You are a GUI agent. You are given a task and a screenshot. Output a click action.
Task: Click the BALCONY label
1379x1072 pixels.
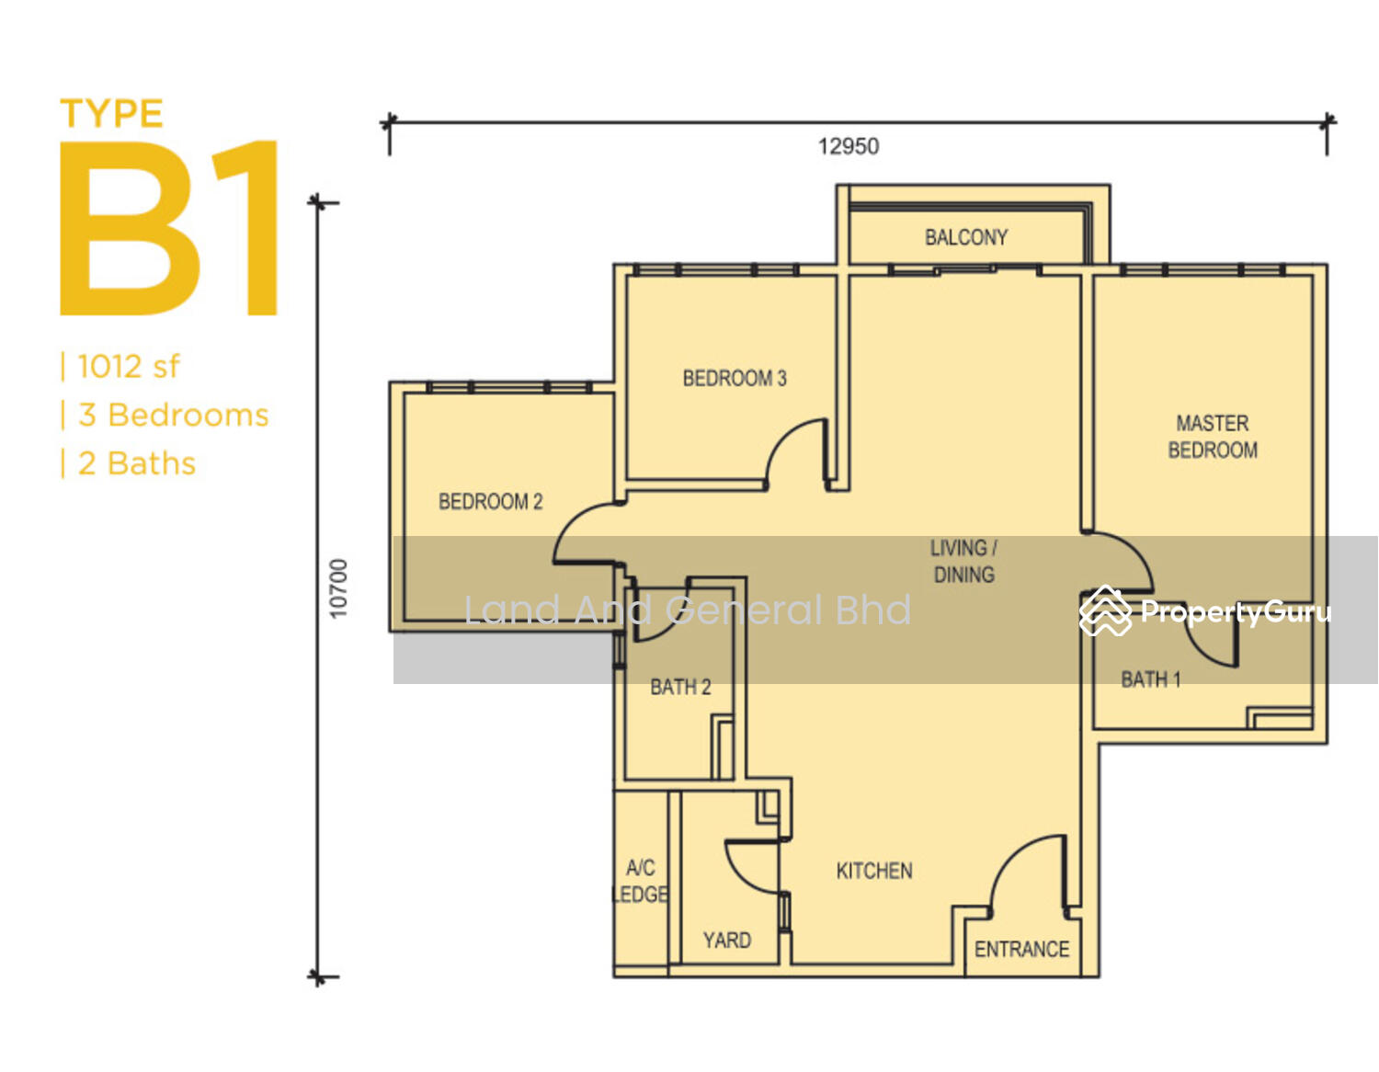(x=965, y=237)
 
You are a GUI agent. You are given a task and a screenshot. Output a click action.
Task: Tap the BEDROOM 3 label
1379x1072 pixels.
(x=735, y=378)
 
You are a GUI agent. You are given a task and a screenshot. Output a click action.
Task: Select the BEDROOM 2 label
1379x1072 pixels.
(x=490, y=502)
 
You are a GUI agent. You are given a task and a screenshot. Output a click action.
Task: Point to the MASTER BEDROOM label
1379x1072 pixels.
(x=1212, y=437)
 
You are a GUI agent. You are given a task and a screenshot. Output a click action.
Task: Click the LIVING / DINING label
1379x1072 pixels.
(x=963, y=561)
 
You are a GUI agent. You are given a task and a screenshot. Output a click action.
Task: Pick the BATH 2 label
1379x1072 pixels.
(x=680, y=687)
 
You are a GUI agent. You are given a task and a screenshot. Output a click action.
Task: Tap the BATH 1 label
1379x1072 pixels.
(x=1150, y=679)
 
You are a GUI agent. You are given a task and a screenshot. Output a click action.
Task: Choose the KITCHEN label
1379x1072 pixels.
(x=874, y=871)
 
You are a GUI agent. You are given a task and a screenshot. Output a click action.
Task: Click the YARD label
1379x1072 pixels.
(x=726, y=940)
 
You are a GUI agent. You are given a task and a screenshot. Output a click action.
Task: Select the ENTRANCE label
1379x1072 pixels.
(x=1021, y=949)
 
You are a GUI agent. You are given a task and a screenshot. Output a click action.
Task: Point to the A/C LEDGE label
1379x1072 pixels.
(x=640, y=881)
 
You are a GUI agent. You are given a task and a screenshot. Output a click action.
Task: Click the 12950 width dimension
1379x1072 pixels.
(x=849, y=146)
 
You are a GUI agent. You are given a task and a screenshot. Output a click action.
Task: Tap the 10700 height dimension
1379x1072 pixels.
(x=338, y=588)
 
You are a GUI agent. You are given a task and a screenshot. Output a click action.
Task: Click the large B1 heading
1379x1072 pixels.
(x=169, y=228)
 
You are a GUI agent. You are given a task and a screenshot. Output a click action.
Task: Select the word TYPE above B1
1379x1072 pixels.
(x=111, y=113)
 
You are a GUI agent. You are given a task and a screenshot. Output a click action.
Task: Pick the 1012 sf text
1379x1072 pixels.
(x=128, y=367)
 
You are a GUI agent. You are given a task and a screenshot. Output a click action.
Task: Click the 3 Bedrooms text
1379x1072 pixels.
(x=173, y=415)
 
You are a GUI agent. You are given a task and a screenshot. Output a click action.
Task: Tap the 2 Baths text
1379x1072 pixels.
(x=136, y=463)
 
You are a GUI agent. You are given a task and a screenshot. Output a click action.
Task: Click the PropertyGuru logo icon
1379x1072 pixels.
(x=1105, y=610)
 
